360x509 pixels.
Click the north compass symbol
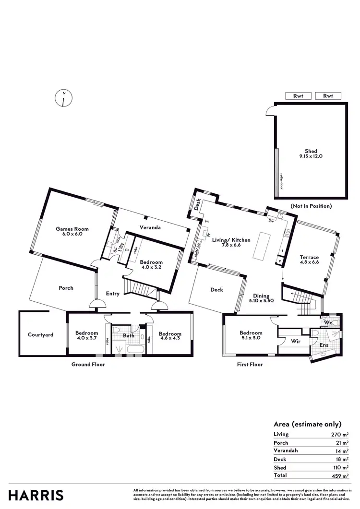63,98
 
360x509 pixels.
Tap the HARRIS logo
36,495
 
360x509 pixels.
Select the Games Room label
72,232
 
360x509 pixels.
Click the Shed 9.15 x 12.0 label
311,154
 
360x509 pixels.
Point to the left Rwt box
298,96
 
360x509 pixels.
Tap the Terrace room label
309,260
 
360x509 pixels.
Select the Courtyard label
40,335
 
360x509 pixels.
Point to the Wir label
296,342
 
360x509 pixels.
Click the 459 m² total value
339,475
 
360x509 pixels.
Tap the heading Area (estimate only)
307,424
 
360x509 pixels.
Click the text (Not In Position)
311,206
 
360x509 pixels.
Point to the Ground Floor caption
88,365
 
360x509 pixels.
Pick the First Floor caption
250,365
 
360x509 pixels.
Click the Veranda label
150,227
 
